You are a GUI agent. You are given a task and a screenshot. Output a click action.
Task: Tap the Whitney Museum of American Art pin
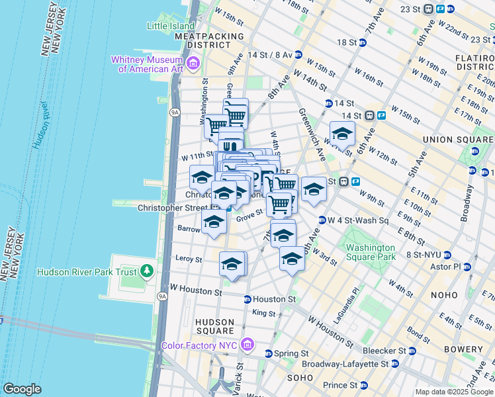(193, 64)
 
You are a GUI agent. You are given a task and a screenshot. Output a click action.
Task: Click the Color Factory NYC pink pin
(247, 345)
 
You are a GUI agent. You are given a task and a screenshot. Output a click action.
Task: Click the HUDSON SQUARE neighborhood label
(214, 326)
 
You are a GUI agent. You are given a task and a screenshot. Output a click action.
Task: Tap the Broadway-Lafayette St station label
(345, 364)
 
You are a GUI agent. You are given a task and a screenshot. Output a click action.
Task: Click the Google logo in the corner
(21, 389)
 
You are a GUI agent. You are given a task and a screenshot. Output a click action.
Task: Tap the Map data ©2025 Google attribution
(454, 392)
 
